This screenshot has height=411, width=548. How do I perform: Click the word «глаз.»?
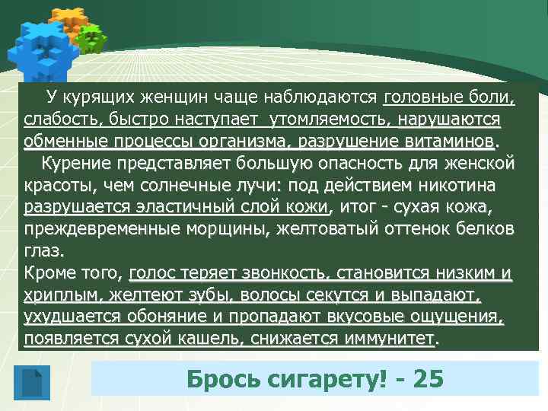pos(45,251)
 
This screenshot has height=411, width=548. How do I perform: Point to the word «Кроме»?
pos(49,273)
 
